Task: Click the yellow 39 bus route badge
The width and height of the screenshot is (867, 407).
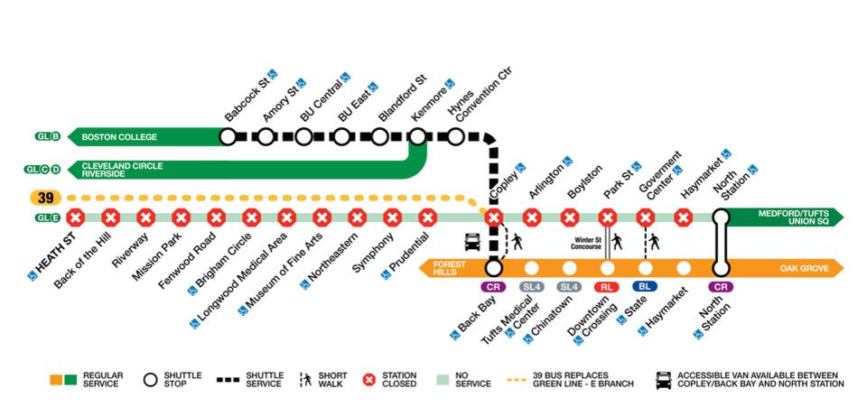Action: click(44, 197)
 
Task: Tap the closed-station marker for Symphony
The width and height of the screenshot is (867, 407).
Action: click(392, 217)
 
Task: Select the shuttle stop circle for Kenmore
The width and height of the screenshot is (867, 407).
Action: click(417, 137)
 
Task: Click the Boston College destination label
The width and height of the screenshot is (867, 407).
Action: click(119, 137)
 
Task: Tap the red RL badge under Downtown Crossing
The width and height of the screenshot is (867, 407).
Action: click(607, 286)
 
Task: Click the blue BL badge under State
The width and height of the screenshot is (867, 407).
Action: click(645, 286)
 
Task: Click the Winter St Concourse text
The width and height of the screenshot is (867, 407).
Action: click(588, 244)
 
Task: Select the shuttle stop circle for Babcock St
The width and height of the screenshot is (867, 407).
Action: click(228, 137)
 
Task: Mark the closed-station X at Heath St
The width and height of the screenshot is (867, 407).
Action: click(76, 217)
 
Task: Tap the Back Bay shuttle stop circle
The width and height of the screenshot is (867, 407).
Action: click(493, 268)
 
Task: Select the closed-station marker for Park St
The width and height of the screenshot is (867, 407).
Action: click(607, 217)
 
